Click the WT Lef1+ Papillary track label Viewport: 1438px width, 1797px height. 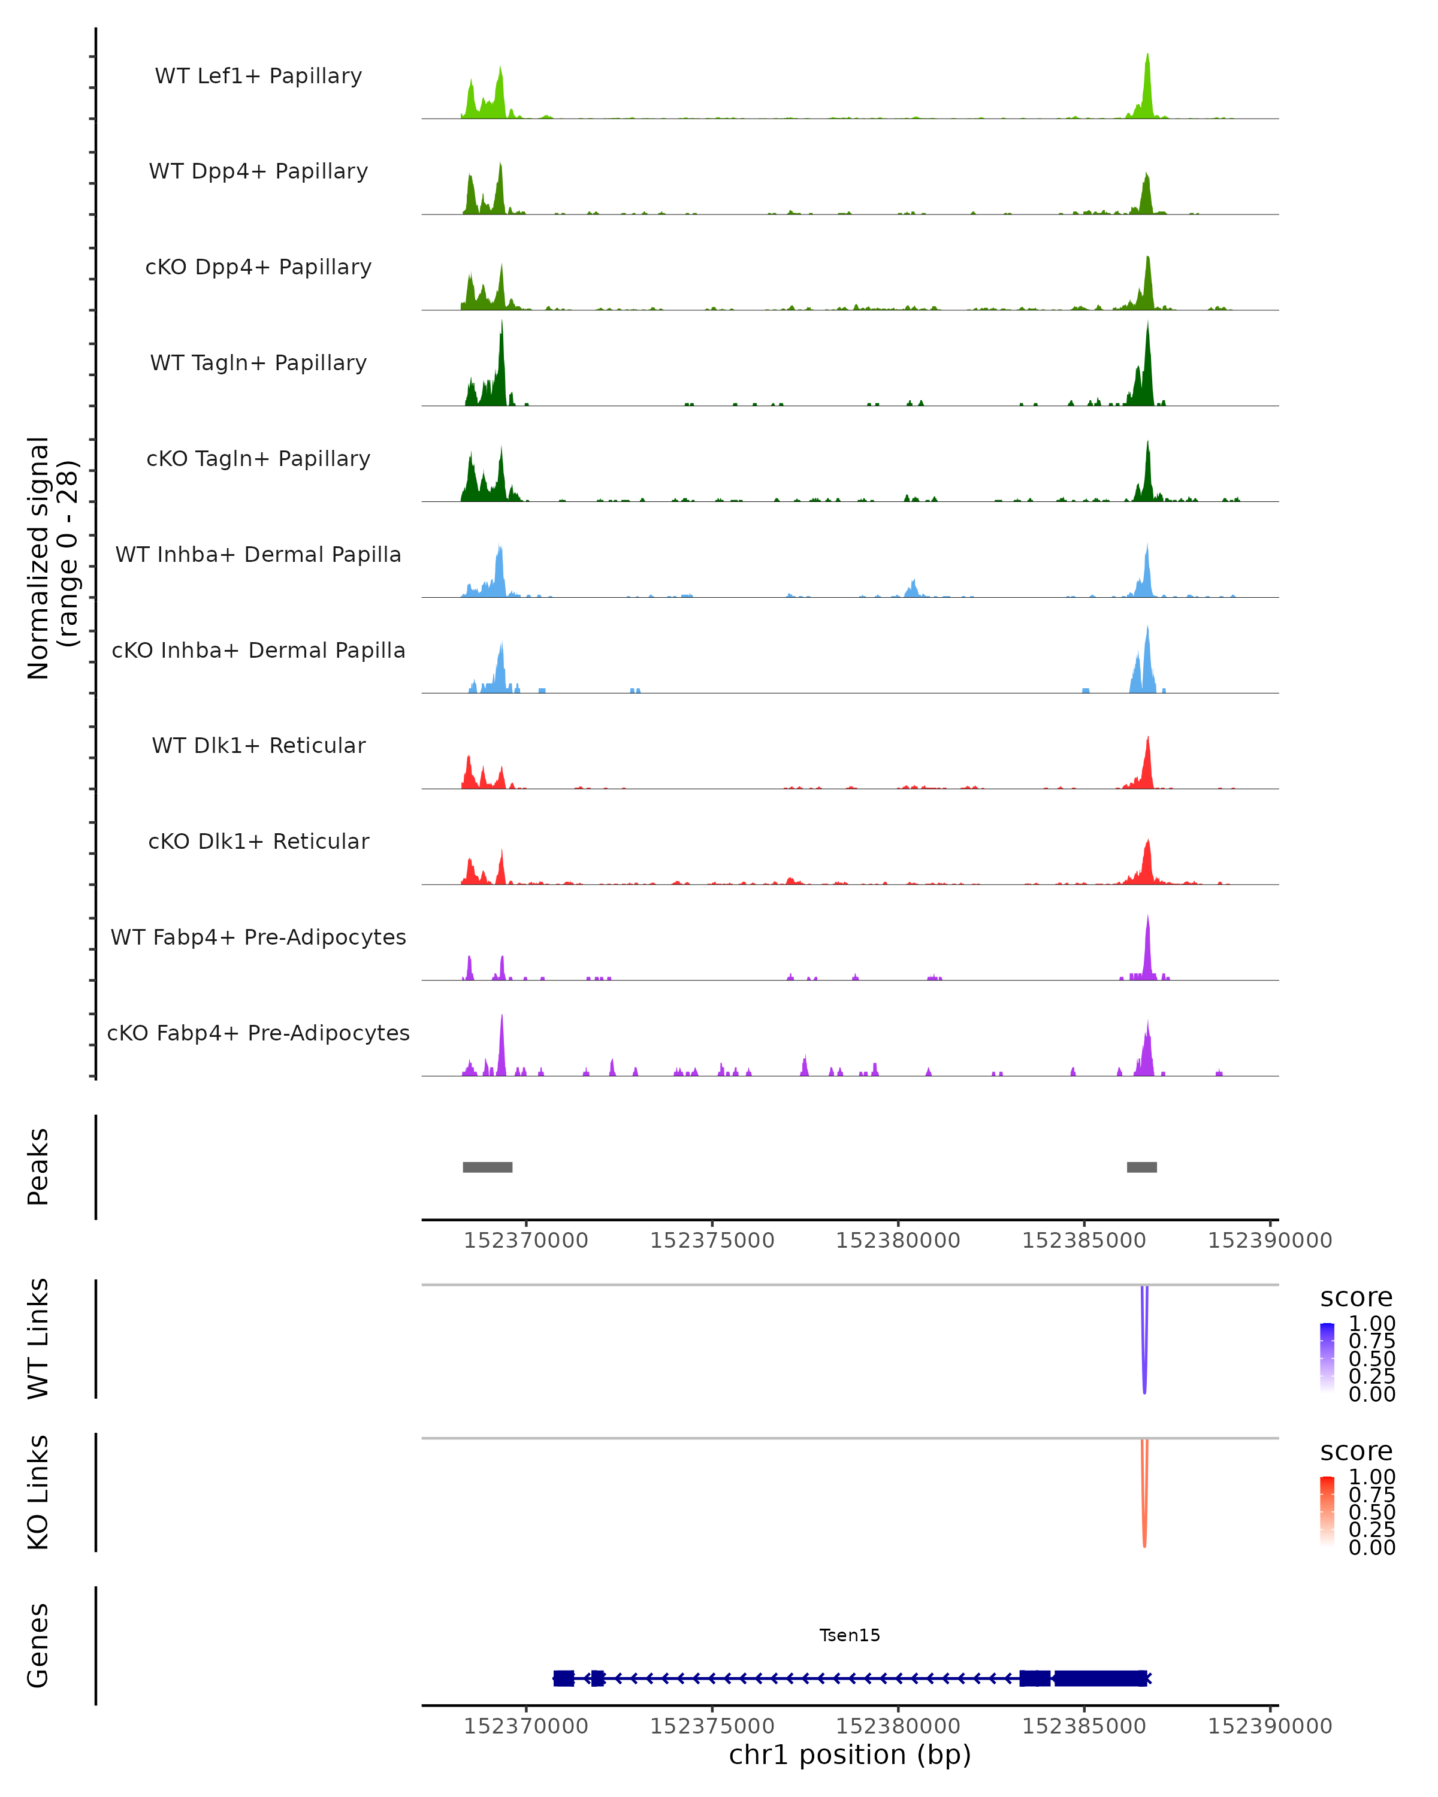click(258, 76)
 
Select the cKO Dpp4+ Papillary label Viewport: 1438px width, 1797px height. click(258, 268)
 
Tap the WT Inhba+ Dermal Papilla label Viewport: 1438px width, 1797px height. click(258, 555)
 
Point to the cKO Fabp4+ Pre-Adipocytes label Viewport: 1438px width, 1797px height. click(258, 1033)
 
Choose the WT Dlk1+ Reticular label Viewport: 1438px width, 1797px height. click(258, 746)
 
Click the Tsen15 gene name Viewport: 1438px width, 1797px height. click(850, 1635)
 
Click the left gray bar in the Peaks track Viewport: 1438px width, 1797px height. click(488, 1167)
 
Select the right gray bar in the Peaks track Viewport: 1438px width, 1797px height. click(1141, 1167)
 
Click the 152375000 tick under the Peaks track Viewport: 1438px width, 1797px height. click(712, 1241)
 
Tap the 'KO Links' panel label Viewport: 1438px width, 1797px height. click(38, 1492)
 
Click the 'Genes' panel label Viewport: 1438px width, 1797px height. click(38, 1645)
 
